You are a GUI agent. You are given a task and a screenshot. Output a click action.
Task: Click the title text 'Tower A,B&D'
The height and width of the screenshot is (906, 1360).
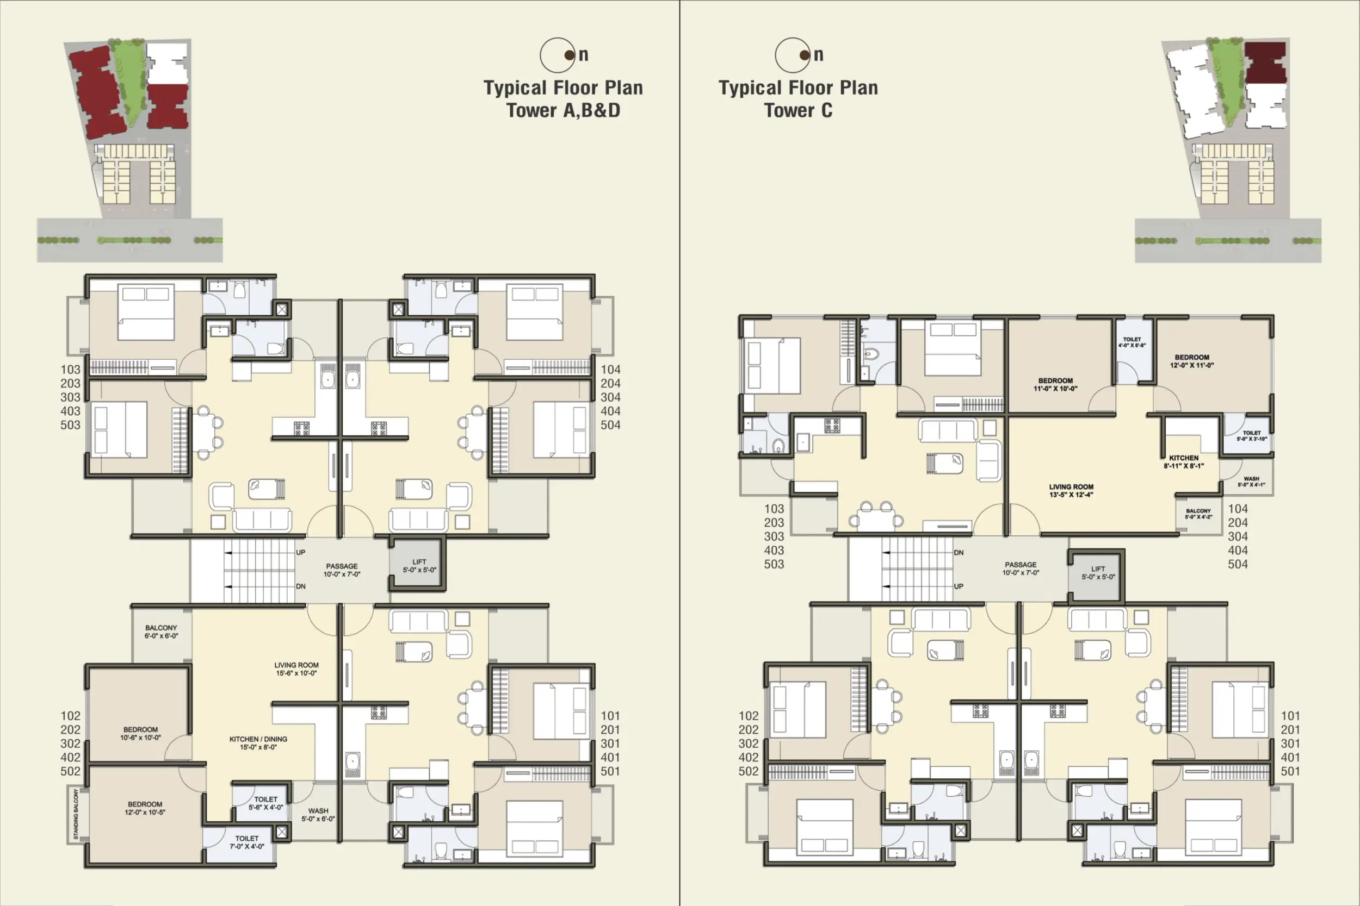click(x=563, y=110)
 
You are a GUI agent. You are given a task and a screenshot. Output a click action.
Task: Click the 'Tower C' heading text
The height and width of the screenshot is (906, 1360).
click(x=798, y=110)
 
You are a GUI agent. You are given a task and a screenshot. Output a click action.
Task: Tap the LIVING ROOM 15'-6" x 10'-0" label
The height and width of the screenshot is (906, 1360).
click(x=296, y=669)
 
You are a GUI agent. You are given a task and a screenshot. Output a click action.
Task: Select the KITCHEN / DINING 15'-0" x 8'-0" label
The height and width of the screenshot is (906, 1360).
click(x=258, y=743)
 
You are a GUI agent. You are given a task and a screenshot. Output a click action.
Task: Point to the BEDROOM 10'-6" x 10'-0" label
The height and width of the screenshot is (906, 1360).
click(x=140, y=734)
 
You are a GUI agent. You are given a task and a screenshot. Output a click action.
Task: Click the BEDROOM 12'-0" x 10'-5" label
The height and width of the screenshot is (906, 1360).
click(x=145, y=808)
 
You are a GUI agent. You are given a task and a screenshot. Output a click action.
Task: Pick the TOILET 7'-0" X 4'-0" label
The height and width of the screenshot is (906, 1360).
click(x=247, y=842)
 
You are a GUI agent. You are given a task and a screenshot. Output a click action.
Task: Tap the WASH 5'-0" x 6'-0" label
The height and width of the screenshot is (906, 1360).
click(x=318, y=815)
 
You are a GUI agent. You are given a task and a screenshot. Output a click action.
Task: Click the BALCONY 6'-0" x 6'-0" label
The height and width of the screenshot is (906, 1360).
click(x=162, y=632)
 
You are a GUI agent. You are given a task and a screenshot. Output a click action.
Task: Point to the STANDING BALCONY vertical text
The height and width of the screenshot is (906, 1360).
click(x=76, y=814)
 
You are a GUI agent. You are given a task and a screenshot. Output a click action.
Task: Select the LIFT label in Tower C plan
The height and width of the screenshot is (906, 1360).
click(x=1098, y=573)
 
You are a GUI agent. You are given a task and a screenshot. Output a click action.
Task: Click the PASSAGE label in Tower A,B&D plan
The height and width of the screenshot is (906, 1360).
click(x=342, y=570)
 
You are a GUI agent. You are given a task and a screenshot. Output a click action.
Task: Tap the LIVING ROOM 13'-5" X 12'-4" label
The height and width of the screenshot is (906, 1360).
click(x=1072, y=491)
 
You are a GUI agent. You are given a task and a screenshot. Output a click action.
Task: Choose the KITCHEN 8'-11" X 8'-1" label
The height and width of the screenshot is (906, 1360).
click(x=1184, y=461)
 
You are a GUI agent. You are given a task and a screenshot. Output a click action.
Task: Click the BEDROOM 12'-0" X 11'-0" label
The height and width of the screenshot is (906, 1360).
click(x=1192, y=361)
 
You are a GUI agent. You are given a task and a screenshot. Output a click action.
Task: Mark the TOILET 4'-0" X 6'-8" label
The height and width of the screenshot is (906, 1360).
click(x=1132, y=342)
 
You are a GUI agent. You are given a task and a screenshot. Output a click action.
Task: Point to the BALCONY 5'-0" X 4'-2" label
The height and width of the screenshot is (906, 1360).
click(x=1198, y=514)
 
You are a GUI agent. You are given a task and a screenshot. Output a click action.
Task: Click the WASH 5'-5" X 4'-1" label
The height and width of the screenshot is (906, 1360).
click(x=1251, y=482)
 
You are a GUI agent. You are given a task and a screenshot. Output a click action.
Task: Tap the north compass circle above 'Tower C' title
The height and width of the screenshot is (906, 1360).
click(x=792, y=55)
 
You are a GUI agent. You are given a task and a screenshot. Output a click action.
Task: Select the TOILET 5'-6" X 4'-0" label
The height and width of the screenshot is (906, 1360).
click(x=266, y=803)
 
